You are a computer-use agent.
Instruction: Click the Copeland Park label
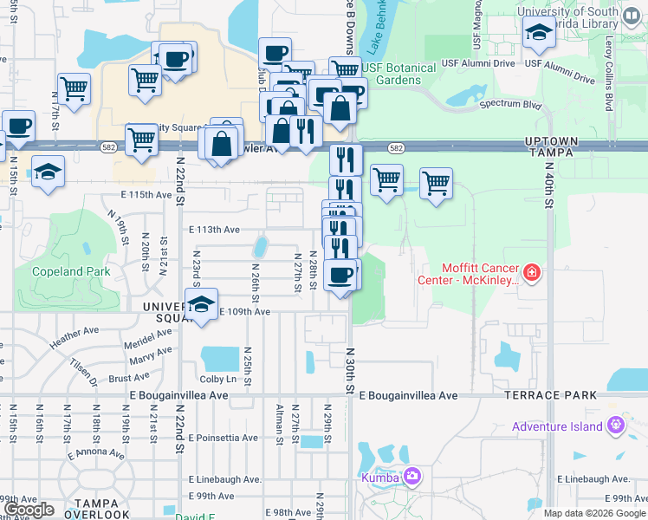(71, 271)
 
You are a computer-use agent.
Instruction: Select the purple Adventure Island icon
(616, 426)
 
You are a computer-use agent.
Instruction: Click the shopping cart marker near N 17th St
(75, 88)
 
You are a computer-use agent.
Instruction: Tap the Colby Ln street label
(218, 379)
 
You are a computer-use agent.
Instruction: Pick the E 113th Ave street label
(213, 231)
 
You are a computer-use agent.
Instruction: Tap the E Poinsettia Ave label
(222, 439)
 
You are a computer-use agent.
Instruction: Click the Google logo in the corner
(29, 510)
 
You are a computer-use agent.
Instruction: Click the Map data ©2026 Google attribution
(593, 513)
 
